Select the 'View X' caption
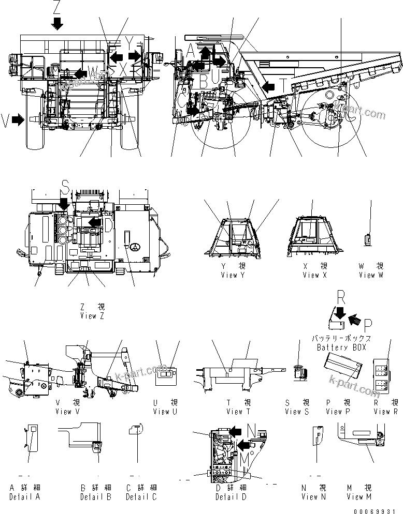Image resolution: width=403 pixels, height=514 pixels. [315, 275]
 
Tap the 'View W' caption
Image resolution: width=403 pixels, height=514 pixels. [371, 275]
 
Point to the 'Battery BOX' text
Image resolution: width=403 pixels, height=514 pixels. [341, 347]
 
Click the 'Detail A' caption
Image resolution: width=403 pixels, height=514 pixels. [25, 497]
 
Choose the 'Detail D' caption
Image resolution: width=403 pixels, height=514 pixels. [231, 497]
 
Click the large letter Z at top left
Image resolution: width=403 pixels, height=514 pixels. [56, 7]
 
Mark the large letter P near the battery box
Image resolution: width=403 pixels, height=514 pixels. [368, 324]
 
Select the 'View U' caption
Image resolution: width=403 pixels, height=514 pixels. [165, 412]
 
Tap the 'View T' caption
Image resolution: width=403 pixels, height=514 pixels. [238, 412]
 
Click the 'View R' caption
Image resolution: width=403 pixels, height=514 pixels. [385, 412]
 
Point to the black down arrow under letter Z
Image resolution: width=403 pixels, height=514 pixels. [57, 23]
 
